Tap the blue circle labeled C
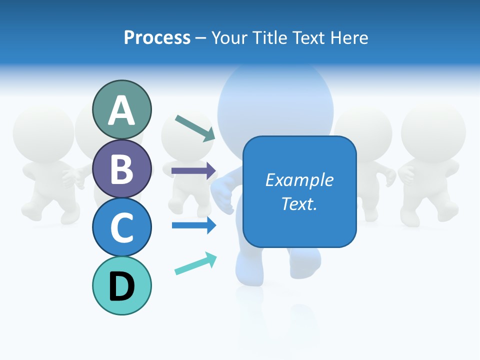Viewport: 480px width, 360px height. click(121, 227)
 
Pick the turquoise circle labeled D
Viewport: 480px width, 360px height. click(121, 285)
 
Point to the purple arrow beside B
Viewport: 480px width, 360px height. click(193, 170)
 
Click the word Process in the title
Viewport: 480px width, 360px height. click(157, 37)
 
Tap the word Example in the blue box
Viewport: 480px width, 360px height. click(299, 180)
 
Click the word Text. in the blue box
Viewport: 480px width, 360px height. click(299, 204)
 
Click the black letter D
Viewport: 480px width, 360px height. click(121, 286)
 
